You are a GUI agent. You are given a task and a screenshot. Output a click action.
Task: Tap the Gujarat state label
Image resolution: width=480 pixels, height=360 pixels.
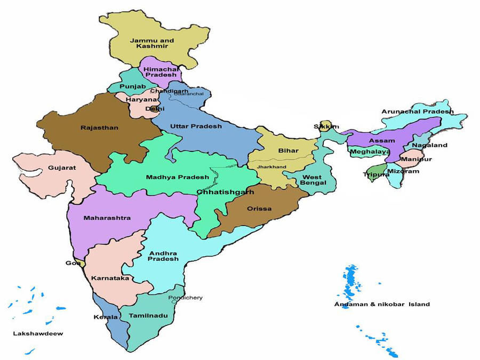point(62,167)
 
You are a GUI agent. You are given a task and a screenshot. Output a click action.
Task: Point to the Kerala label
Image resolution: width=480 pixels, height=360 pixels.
point(106,317)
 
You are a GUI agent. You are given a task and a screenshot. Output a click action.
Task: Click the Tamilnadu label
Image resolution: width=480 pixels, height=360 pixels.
point(148,316)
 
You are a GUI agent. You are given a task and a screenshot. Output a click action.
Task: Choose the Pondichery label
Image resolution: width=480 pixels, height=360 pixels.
point(185,298)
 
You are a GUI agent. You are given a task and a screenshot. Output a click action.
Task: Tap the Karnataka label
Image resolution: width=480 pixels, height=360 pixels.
point(110,278)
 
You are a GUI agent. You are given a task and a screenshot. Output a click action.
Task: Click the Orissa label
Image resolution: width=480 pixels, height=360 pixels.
point(259,209)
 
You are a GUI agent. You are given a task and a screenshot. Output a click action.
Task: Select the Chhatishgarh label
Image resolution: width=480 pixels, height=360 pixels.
point(225,191)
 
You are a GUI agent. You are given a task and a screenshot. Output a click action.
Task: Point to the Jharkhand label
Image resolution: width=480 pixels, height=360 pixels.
point(271,167)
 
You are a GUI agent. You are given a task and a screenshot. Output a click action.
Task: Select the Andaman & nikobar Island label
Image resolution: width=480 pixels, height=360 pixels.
point(382,305)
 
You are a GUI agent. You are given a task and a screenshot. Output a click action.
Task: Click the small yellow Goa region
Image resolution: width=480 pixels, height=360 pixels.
point(79,262)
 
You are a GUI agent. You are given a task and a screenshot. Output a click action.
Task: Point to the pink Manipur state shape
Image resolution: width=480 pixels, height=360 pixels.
point(412,158)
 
